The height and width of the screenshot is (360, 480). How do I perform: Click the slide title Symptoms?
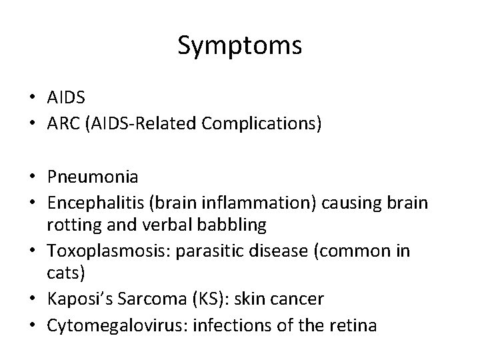[x=240, y=46]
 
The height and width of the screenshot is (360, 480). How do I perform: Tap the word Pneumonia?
[x=93, y=177]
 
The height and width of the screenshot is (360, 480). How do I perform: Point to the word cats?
[x=63, y=275]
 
